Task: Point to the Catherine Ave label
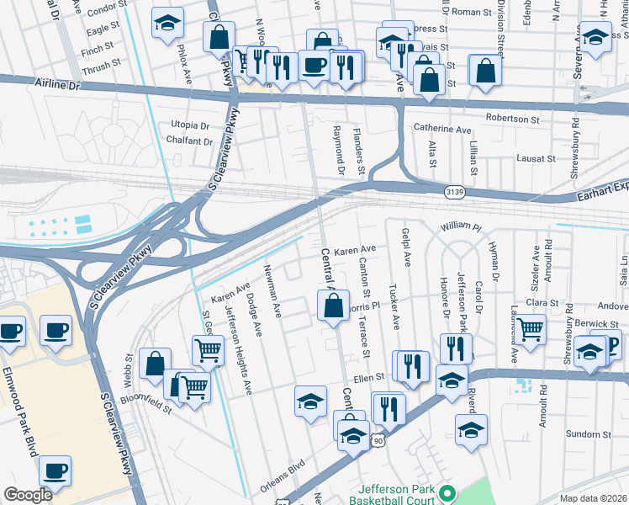pyautogui.click(x=442, y=130)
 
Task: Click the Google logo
pyautogui.click(x=28, y=494)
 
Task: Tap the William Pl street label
pyautogui.click(x=460, y=227)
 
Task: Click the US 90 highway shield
pyautogui.click(x=379, y=440)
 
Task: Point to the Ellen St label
pyautogui.click(x=368, y=379)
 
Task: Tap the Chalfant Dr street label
pyautogui.click(x=189, y=141)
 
